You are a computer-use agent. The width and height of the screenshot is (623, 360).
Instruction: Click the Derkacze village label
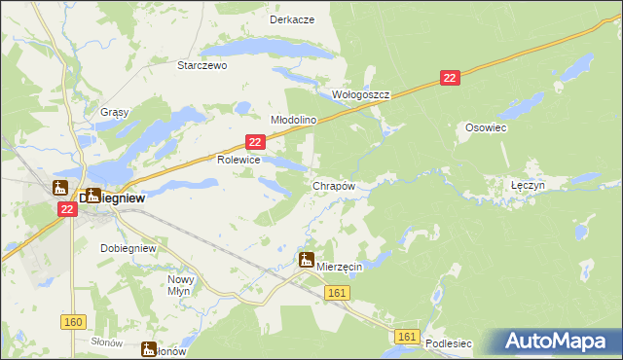coord(292,19)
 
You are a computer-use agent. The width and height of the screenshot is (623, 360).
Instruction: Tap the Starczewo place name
coord(202,66)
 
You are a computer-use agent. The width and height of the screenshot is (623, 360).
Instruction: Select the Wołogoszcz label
coord(361,95)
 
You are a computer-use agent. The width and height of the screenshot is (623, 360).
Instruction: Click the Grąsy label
coord(115,112)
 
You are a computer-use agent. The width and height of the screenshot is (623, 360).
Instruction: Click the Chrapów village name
coord(333,185)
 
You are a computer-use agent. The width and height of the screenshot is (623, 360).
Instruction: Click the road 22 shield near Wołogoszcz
coord(449,78)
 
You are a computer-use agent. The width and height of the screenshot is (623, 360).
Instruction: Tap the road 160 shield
coord(73,322)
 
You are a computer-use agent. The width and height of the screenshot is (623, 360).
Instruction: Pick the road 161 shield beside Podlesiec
coord(408,337)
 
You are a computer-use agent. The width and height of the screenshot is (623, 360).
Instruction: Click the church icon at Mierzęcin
coord(307,260)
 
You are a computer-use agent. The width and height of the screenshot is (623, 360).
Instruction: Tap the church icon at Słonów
coord(149,348)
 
